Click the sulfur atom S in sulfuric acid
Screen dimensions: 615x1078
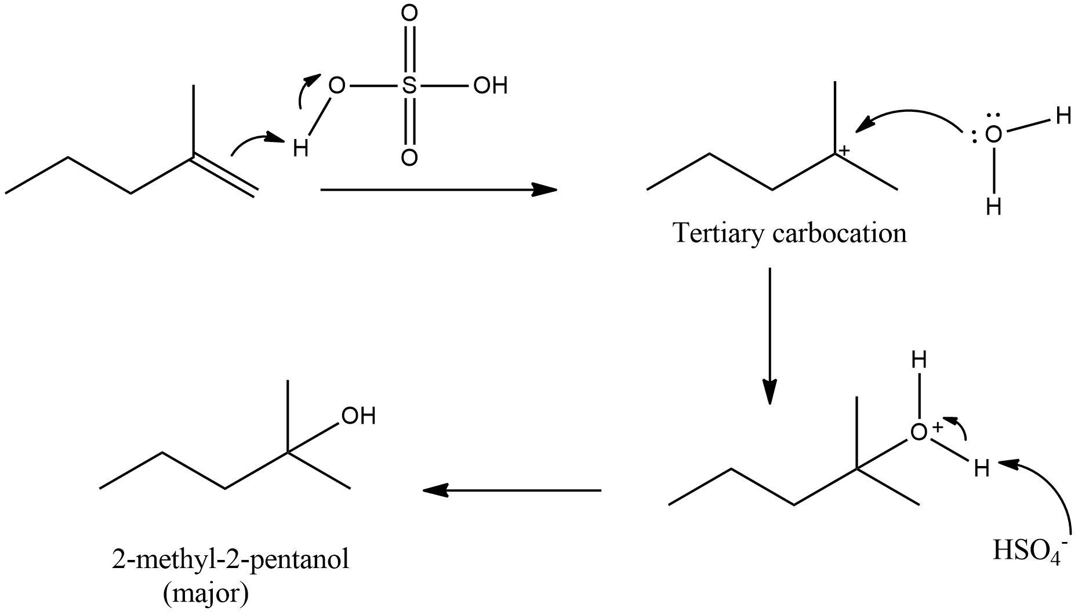click(409, 86)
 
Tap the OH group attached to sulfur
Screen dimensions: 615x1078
click(490, 86)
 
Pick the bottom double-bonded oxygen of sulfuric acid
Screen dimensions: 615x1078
click(409, 158)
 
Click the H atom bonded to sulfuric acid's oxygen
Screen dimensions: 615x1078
click(300, 149)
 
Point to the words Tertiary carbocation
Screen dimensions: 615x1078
click(789, 233)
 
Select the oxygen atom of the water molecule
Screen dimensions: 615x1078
click(993, 134)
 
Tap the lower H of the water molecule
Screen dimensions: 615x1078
click(993, 206)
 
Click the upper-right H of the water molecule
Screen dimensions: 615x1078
click(1062, 116)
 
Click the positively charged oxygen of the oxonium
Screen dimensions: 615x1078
click(919, 432)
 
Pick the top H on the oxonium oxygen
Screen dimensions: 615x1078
click(919, 361)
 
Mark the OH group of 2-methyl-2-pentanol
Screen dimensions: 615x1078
click(358, 416)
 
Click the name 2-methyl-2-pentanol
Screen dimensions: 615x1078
click(230, 560)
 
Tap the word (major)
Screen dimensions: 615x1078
click(206, 594)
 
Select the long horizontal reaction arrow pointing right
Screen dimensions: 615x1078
click(438, 190)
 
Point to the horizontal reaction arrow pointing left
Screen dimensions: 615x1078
click(512, 490)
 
